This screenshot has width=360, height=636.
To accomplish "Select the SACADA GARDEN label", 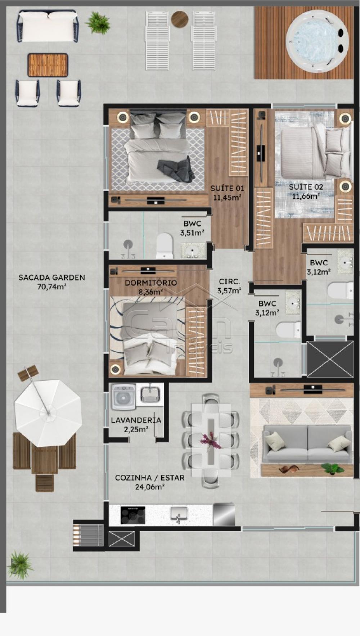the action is click(x=52, y=278).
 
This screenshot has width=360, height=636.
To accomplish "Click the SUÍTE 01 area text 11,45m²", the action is click(x=227, y=197).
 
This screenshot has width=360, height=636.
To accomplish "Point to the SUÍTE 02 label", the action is click(x=306, y=187).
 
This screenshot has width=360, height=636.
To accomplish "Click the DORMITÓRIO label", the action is click(x=151, y=283).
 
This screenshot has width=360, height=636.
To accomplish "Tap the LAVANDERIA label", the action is click(x=136, y=420).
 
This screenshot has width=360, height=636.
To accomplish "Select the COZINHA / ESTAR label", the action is click(x=150, y=478).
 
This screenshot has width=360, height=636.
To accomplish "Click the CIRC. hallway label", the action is click(x=229, y=282).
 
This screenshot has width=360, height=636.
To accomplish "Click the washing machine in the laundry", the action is click(x=123, y=397).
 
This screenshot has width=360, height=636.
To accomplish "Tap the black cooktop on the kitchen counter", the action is click(x=133, y=515).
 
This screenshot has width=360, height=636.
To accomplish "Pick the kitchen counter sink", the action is click(x=179, y=514).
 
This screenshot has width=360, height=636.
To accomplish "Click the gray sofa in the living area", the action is click(x=307, y=443).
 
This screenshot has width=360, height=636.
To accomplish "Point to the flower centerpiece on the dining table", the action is click(x=211, y=441).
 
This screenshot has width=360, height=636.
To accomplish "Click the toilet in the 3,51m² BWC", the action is click(x=165, y=246).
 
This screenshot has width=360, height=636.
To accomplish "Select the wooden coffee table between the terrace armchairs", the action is click(x=48, y=65).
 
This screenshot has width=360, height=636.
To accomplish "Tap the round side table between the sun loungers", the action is click(x=180, y=19).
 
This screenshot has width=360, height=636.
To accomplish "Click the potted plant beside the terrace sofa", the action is click(x=98, y=22).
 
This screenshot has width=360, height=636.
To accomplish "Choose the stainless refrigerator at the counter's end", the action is click(x=224, y=515).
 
